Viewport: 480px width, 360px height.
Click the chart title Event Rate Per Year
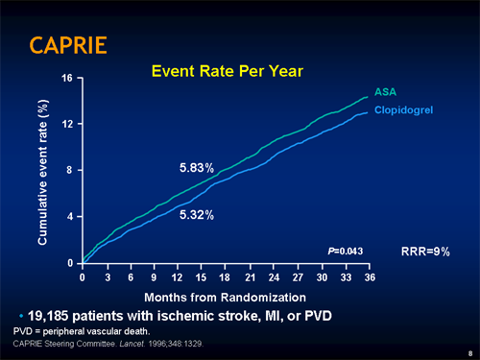click(x=228, y=70)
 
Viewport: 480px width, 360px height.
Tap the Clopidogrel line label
click(x=403, y=111)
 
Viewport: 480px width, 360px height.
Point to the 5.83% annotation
click(x=204, y=169)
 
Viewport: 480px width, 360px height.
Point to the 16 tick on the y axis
click(x=67, y=78)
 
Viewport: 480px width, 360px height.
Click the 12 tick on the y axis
click(x=67, y=124)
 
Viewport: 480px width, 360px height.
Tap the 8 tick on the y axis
click(x=70, y=170)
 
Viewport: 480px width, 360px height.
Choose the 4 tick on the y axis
click(x=70, y=216)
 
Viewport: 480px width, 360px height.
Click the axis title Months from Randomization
click(x=226, y=297)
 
